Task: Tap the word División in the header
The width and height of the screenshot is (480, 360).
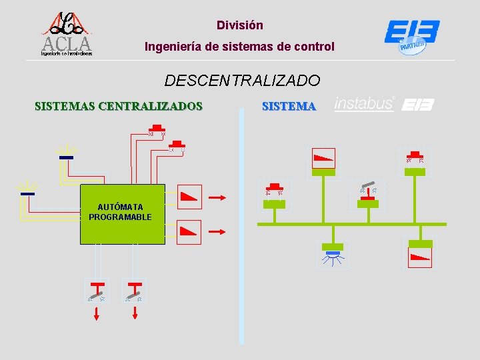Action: coord(240,25)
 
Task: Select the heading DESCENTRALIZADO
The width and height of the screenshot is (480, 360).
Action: coord(242,81)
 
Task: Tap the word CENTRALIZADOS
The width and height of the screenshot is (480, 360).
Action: coord(150,105)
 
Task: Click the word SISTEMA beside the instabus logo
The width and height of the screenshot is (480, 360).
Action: coord(289,105)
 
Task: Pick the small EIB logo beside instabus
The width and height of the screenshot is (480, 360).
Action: coord(419,105)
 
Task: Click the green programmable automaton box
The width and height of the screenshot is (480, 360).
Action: coord(122,214)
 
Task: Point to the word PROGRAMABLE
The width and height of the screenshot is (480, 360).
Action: coord(120,217)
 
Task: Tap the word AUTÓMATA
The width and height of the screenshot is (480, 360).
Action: coord(120,207)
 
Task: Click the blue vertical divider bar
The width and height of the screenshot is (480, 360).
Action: coord(241,227)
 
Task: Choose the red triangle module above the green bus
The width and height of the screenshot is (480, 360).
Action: coord(323,158)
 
